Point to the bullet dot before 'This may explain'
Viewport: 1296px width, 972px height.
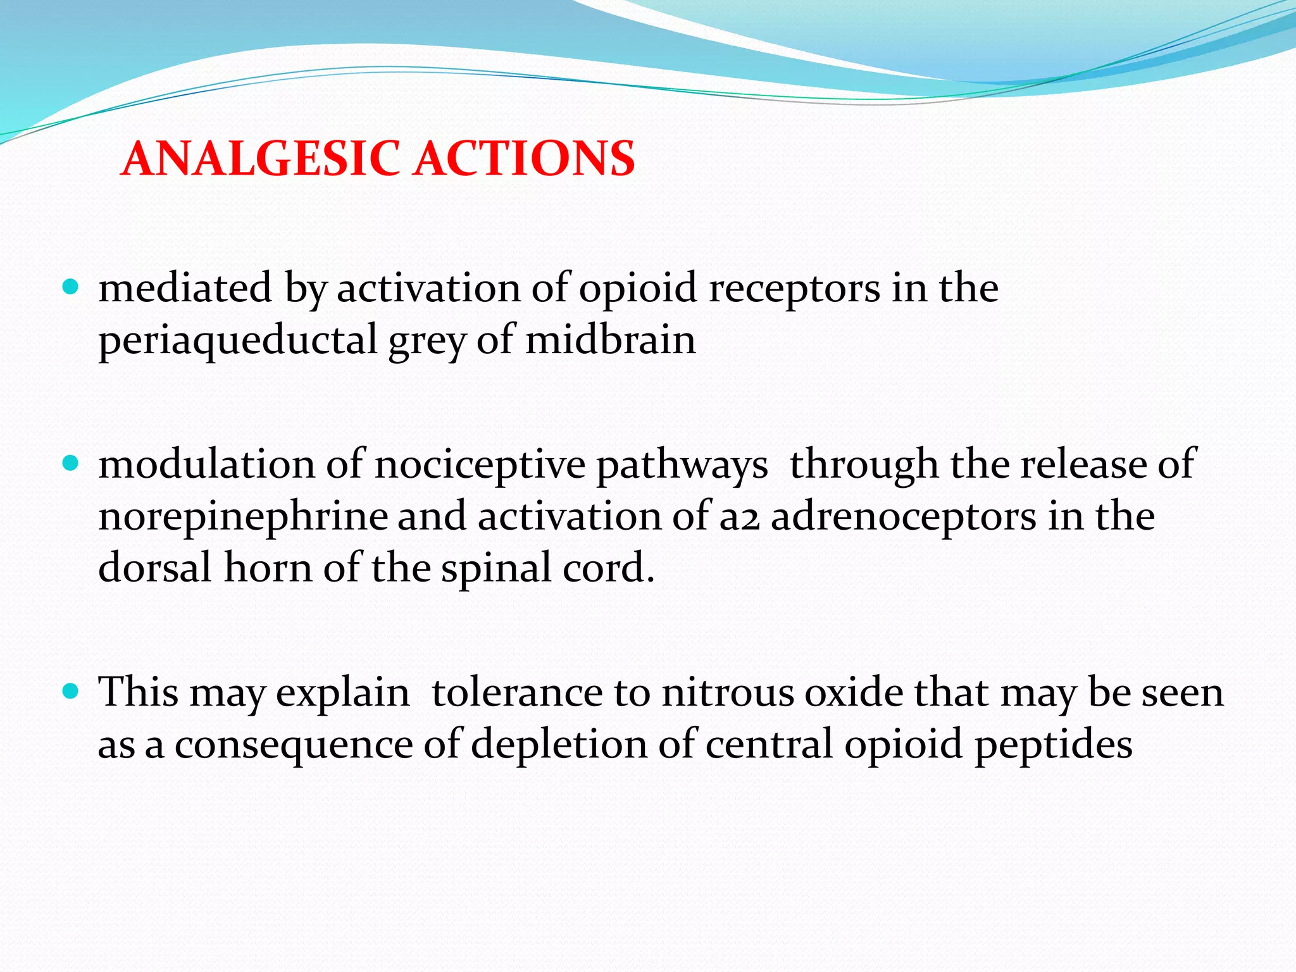(x=72, y=691)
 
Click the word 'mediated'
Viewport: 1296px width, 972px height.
(x=185, y=288)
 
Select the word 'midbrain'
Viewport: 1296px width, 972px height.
(x=610, y=340)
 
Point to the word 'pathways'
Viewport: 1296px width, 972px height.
(x=682, y=466)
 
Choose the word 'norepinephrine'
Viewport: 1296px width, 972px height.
(x=243, y=518)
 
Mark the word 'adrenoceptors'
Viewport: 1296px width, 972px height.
(x=903, y=518)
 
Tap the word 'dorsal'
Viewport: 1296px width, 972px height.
(x=154, y=567)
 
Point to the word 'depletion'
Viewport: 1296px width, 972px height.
(x=559, y=745)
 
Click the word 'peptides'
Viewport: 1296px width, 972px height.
(x=1053, y=745)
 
